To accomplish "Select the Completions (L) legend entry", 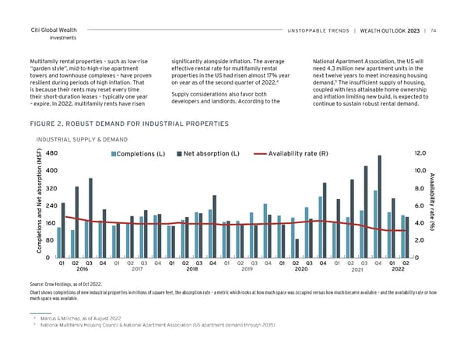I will (141, 152).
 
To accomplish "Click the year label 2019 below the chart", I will (248, 271).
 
